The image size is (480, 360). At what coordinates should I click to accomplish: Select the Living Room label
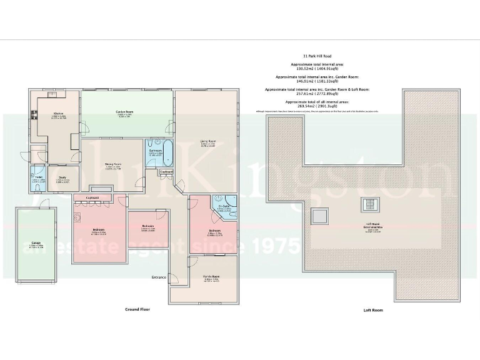click(x=208, y=141)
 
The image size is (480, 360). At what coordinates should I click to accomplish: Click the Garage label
click(x=36, y=244)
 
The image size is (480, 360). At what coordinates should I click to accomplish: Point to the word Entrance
click(x=159, y=277)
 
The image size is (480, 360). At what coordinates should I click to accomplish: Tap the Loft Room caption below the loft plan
click(x=372, y=310)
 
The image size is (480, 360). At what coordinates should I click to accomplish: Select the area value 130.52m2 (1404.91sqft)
click(x=321, y=69)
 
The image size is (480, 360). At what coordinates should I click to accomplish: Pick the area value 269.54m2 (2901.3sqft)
click(x=321, y=106)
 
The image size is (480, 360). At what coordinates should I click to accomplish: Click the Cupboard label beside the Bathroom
click(x=166, y=171)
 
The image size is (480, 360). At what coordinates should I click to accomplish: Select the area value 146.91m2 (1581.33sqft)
click(x=321, y=81)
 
